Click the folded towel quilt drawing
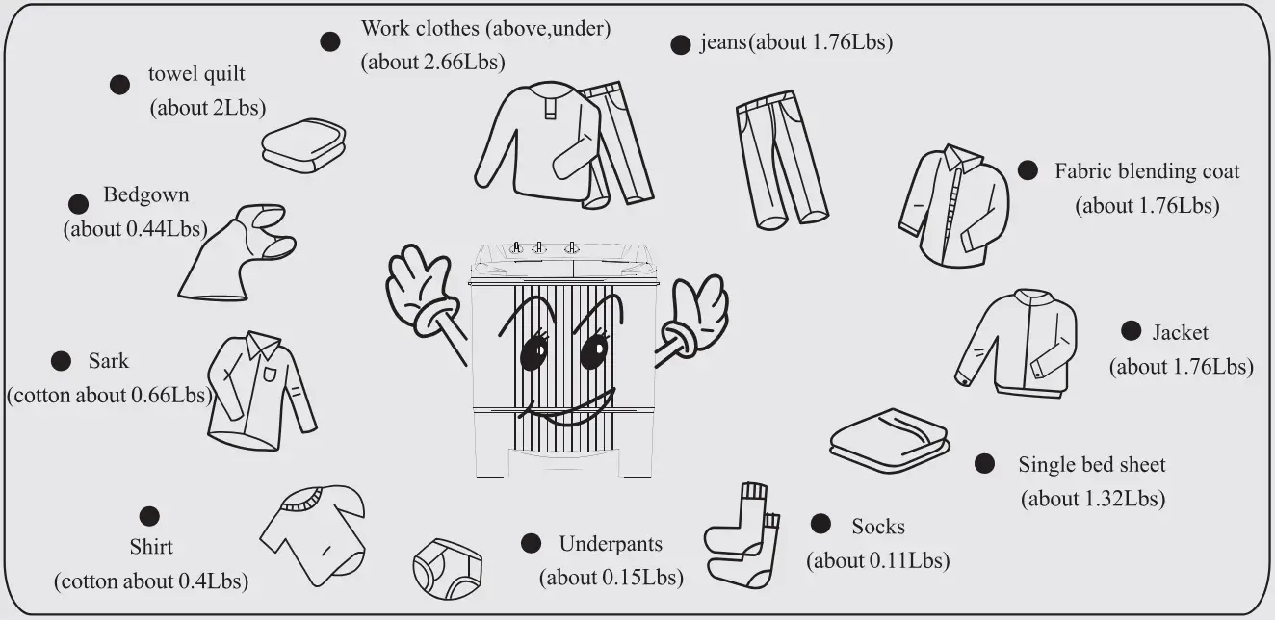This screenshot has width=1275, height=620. pos(302,146)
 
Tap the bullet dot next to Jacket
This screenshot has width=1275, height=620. pos(1132,331)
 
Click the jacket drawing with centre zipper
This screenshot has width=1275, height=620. pos(1017,342)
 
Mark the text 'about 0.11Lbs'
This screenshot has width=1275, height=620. pos(877,560)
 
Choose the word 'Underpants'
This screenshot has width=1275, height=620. pos(611,544)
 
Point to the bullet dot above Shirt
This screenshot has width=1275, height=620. pos(149,516)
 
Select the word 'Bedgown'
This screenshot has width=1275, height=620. pos(146,195)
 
